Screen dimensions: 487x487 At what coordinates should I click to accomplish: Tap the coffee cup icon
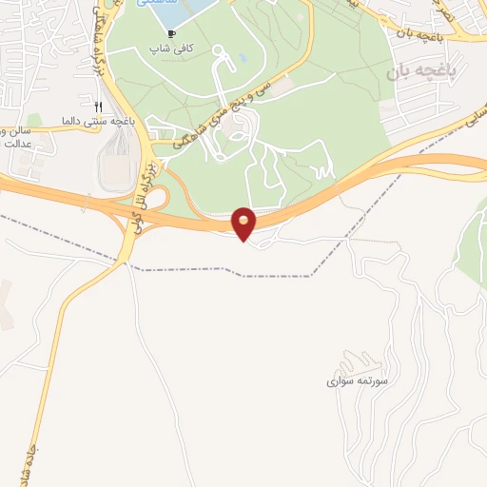coord(171,33)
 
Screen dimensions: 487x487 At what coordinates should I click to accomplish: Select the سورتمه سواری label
coord(354,380)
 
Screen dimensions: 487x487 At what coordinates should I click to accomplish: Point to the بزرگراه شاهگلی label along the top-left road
coord(98,48)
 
